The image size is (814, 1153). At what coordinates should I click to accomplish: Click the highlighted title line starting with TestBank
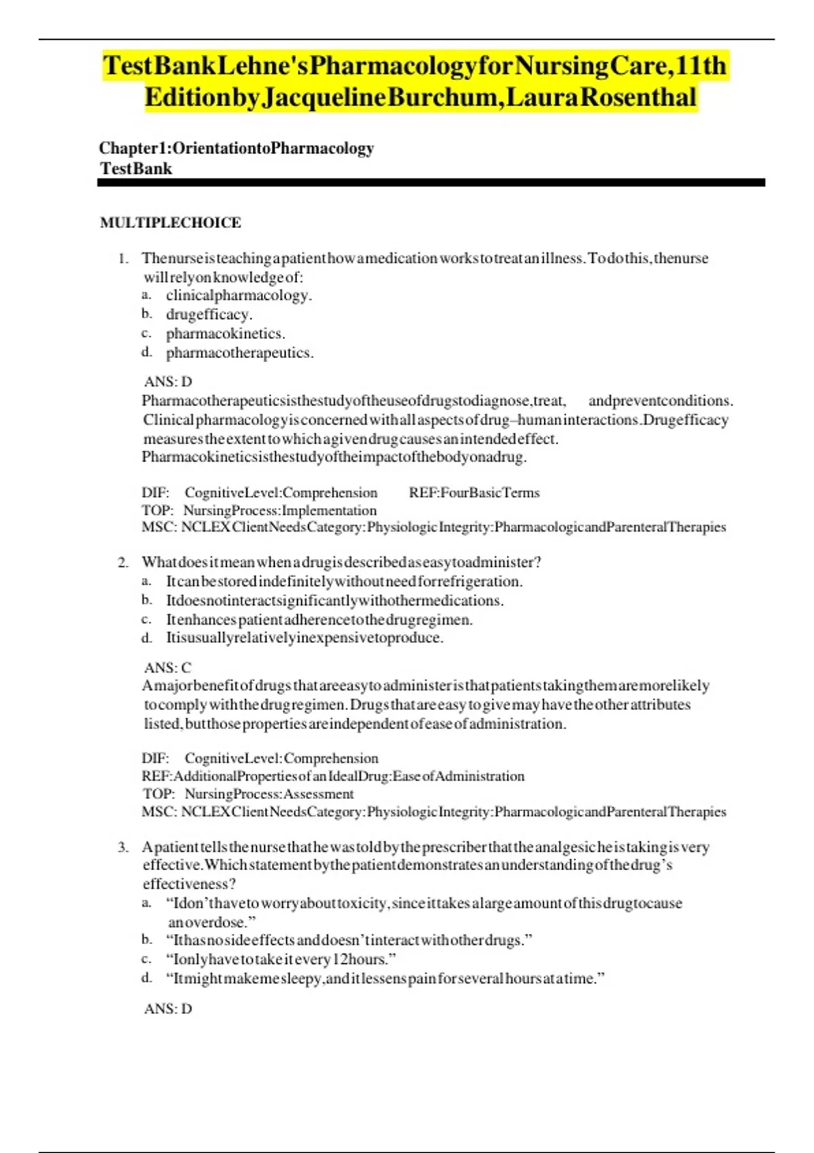click(x=414, y=66)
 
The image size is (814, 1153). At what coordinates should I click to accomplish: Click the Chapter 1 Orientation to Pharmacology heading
click(x=236, y=148)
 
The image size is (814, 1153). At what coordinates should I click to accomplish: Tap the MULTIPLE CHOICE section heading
click(x=170, y=222)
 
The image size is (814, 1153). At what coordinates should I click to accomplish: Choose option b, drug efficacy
click(x=209, y=314)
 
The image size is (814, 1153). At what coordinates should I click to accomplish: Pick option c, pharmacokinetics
click(x=225, y=333)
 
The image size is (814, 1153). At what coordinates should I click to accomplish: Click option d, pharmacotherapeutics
click(x=239, y=353)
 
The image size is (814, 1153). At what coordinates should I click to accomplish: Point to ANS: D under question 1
click(x=168, y=381)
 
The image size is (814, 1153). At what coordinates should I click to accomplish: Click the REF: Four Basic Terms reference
click(x=474, y=492)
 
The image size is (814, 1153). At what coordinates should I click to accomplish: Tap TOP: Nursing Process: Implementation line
click(x=259, y=510)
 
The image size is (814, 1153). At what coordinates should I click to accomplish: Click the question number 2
click(x=123, y=562)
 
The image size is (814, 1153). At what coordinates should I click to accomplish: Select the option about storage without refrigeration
click(x=344, y=581)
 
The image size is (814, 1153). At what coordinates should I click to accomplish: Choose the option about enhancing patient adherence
click(x=319, y=619)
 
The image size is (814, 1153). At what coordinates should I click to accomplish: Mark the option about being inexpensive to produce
click(x=305, y=638)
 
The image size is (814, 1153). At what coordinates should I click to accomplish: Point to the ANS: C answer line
click(x=168, y=667)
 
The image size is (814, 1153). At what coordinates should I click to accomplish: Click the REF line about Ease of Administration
click(x=333, y=776)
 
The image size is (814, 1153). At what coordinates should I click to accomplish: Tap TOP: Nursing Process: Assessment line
click(x=248, y=794)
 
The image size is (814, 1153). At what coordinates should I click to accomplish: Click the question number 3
click(x=123, y=847)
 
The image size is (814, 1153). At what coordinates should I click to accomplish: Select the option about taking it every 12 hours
click(x=281, y=959)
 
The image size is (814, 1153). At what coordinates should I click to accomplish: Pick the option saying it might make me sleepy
click(x=385, y=979)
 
